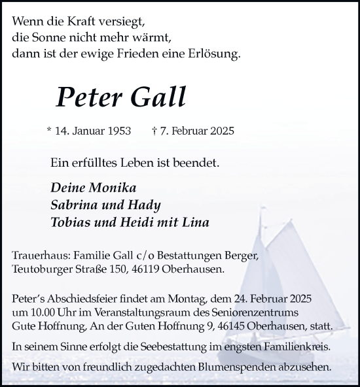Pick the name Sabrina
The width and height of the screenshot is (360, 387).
point(75,205)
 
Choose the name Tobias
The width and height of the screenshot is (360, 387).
point(73,223)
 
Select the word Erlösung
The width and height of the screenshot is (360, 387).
point(215,54)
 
